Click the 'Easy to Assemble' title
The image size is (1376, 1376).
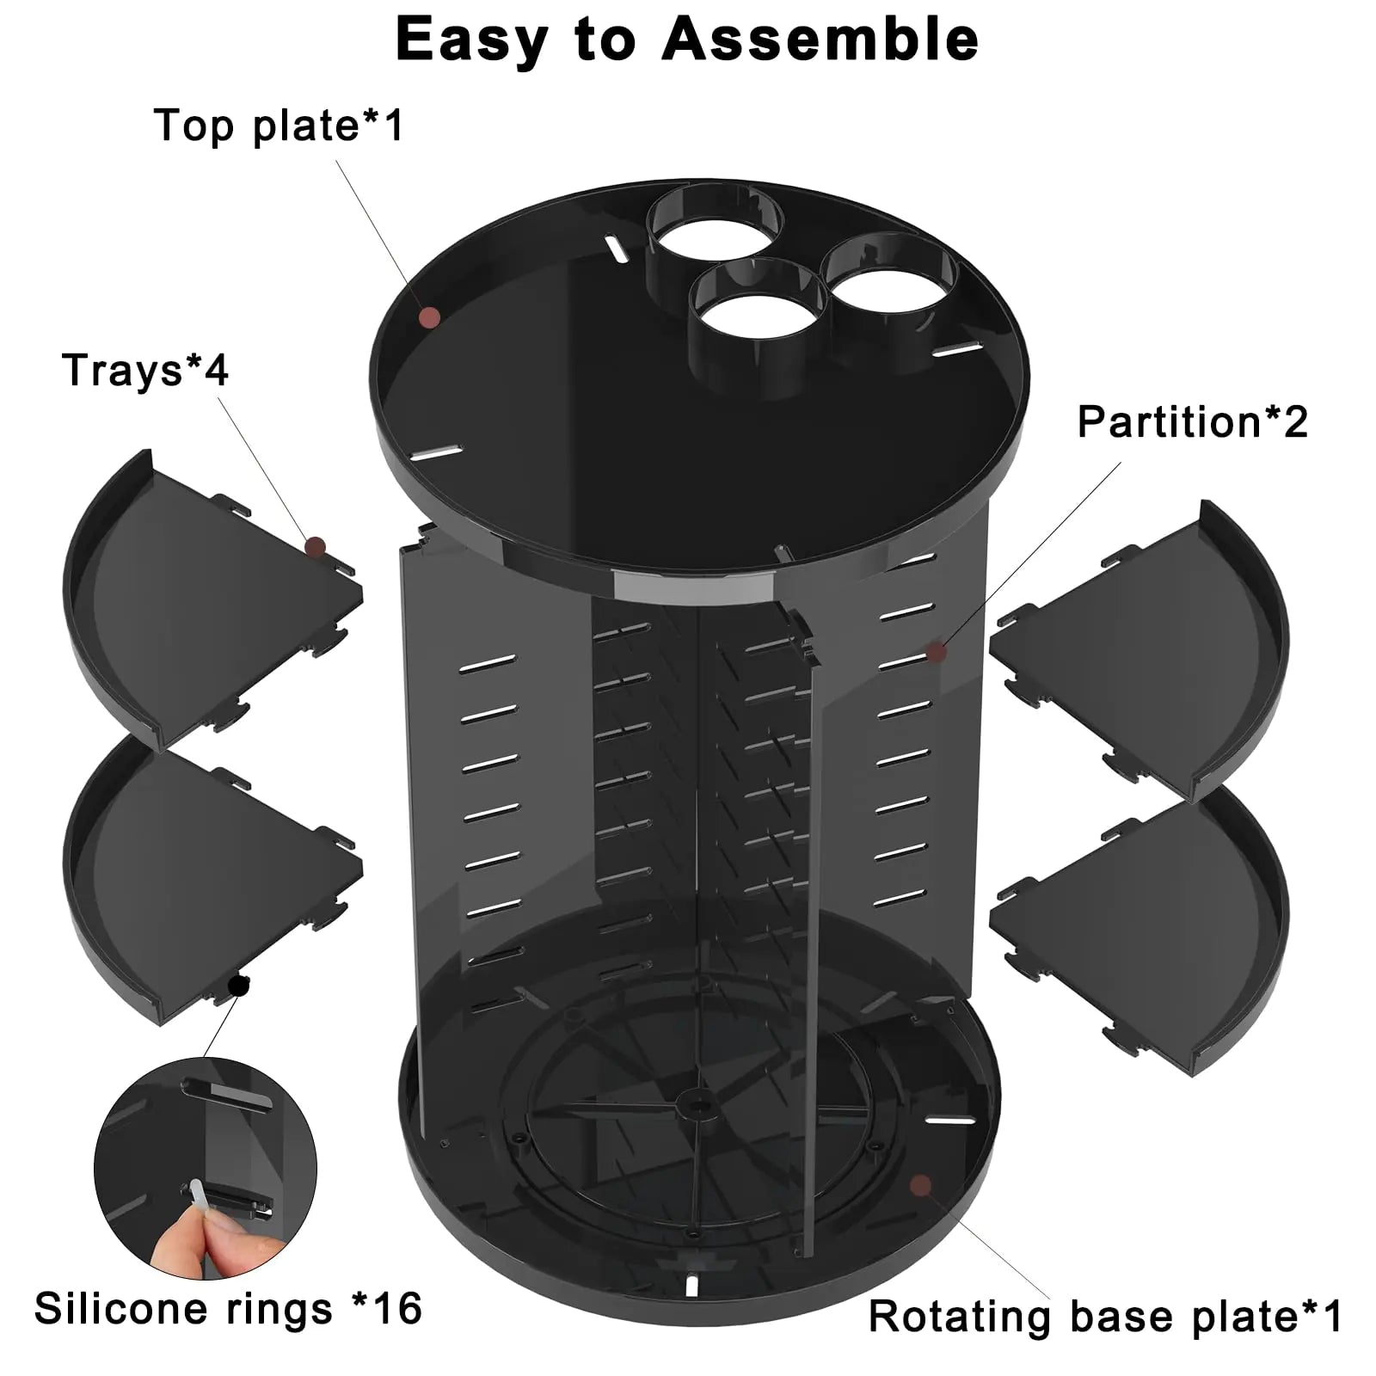686,40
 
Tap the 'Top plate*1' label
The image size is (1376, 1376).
279,126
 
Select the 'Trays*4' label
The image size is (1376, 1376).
144,371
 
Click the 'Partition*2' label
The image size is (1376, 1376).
1192,422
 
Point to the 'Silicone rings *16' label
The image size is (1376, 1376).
228,1308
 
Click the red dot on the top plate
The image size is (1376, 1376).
429,318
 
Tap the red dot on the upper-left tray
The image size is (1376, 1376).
316,546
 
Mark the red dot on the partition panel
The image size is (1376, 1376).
937,652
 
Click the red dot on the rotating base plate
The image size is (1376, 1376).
921,1186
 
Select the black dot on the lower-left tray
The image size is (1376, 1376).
239,986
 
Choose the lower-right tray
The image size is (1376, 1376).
1152,929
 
